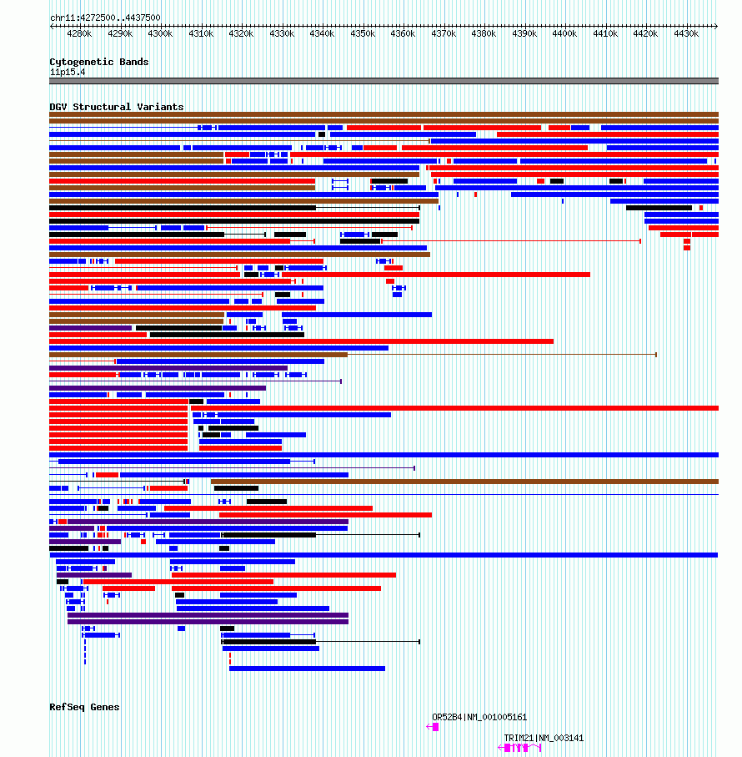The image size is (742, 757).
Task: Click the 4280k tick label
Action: coord(79,33)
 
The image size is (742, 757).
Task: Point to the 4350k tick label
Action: coord(363,33)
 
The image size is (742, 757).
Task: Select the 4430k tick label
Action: coord(686,33)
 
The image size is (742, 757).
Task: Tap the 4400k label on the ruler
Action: coord(564,33)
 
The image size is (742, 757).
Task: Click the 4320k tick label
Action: coord(241,33)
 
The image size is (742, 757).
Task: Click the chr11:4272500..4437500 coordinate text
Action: coord(105,18)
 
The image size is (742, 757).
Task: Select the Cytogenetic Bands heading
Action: coord(99,62)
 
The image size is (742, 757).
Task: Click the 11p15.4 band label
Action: coord(68,73)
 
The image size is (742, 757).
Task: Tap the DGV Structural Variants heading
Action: coord(116,107)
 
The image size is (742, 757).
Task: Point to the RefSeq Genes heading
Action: coord(84,707)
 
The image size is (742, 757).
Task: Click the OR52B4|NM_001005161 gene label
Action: coord(479,718)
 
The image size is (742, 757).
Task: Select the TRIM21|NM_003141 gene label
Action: coord(544,738)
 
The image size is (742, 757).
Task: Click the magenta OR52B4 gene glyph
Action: coord(433,727)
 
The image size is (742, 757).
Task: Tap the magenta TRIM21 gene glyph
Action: coord(519,748)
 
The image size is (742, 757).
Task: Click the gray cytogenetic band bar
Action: coord(384,81)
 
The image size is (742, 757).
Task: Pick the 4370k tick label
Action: coord(444,33)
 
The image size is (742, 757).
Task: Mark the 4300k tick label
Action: coord(160,33)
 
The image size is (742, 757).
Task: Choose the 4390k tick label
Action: coord(524,33)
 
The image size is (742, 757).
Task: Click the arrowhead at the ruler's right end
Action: coord(716,26)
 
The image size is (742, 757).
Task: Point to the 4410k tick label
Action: coord(605,33)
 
